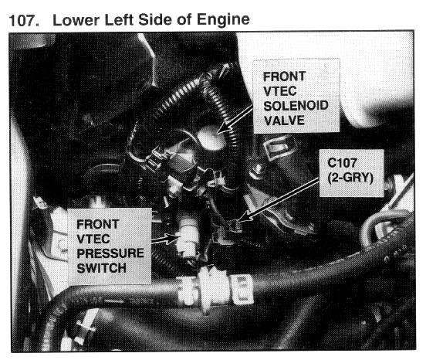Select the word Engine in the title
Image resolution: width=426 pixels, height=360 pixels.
223,20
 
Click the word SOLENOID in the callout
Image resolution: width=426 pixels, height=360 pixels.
296,106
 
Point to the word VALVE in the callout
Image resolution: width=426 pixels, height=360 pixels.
284,121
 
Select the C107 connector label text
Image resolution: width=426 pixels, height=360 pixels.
342,163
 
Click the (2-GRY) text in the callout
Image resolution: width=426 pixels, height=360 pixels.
350,178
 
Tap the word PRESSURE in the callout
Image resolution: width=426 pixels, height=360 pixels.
110,253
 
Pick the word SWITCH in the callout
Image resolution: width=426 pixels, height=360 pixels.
102,268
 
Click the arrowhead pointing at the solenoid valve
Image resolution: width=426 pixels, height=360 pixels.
223,127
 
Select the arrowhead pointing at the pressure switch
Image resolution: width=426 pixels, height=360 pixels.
173,238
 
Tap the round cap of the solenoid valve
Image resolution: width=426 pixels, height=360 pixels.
211,138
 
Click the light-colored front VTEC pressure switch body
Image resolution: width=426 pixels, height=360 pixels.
187,239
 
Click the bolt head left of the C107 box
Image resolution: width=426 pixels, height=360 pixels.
257,170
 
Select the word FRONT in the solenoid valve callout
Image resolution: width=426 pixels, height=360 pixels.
285,76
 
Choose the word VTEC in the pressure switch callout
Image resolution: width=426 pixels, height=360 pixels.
93,239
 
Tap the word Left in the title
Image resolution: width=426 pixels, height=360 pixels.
118,20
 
